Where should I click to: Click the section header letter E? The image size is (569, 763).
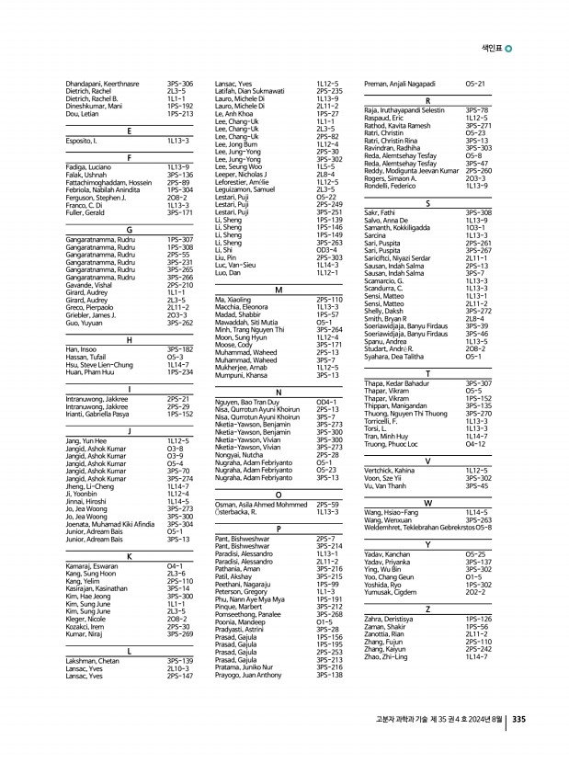(129, 131)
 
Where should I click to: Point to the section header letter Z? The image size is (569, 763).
(427, 609)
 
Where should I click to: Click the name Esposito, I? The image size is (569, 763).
(84, 142)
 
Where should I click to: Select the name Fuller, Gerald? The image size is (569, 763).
(86, 212)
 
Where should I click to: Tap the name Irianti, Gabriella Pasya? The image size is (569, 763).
(102, 415)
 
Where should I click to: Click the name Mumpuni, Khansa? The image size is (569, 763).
(241, 375)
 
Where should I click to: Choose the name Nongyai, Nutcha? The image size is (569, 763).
(238, 454)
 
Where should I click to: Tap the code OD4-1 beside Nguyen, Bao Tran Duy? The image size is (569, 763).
(326, 402)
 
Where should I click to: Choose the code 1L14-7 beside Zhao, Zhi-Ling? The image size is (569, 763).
(477, 656)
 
